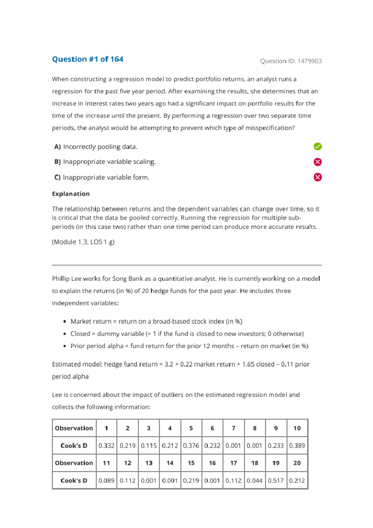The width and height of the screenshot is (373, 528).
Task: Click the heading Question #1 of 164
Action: pos(88,59)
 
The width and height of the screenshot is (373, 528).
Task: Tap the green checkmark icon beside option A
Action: pos(317,146)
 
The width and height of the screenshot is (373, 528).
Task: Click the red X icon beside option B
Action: pos(317,162)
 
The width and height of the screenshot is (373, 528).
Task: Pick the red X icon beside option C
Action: pos(317,177)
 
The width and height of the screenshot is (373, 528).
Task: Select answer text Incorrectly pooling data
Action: pos(100,147)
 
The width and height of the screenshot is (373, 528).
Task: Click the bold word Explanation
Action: pos(71,194)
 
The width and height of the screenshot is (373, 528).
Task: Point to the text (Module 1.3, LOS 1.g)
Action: pos(83,242)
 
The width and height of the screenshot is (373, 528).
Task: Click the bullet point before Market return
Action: pos(65,322)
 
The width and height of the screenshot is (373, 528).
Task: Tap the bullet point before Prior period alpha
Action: pos(65,346)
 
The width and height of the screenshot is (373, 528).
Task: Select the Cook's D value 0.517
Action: pos(276,480)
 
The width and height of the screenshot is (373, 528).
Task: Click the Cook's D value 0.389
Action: pos(297,446)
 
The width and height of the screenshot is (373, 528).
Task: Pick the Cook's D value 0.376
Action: pos(191,446)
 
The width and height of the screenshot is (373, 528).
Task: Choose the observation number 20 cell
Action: pos(297,463)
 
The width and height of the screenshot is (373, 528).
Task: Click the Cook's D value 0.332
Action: pos(106,446)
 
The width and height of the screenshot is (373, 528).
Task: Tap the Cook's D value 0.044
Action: pos(255,480)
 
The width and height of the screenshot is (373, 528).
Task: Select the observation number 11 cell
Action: pos(106,463)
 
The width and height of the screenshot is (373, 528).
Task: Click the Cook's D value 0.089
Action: pos(106,480)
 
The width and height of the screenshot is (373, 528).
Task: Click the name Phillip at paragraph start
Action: pos(61,279)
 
